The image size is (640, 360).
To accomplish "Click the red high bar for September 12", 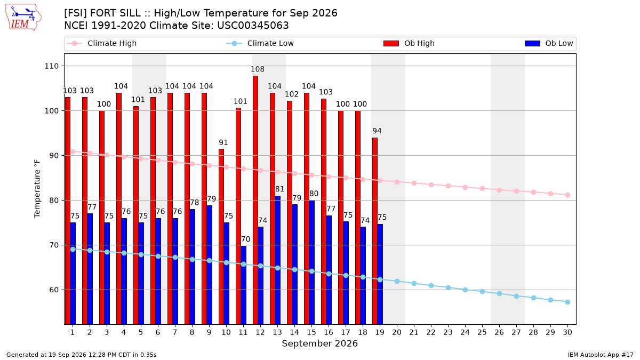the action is pyautogui.click(x=255, y=200).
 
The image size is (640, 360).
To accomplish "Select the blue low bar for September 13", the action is pyautogui.click(x=277, y=260).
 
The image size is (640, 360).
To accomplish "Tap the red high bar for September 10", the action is pyautogui.click(x=221, y=237).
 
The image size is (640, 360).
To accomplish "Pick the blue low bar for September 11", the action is pyautogui.click(x=243, y=285).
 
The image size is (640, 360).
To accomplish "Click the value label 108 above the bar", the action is pyautogui.click(x=258, y=69).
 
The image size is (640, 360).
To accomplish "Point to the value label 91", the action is pyautogui.click(x=223, y=142).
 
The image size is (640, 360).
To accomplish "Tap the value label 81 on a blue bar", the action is pyautogui.click(x=279, y=189).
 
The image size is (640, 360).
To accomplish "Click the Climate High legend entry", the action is pyautogui.click(x=101, y=43).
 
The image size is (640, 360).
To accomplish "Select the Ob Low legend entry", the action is pyautogui.click(x=549, y=43).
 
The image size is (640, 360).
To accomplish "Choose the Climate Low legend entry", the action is pyautogui.click(x=260, y=43).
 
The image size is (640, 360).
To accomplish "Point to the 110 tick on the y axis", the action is pyautogui.click(x=51, y=66).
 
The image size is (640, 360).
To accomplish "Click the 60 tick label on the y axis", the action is pyautogui.click(x=54, y=290).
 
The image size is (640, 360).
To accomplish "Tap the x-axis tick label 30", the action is pyautogui.click(x=567, y=332).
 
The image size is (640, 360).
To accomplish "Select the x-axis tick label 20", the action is pyautogui.click(x=397, y=332).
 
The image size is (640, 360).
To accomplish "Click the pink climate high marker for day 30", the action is pyautogui.click(x=567, y=195).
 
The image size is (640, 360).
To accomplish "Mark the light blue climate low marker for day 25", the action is pyautogui.click(x=482, y=291).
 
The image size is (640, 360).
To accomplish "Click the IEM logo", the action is pyautogui.click(x=23, y=18).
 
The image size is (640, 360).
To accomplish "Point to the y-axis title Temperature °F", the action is pyautogui.click(x=37, y=189).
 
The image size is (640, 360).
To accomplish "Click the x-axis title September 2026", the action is pyautogui.click(x=319, y=343).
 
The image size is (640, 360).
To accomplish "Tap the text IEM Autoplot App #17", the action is pyautogui.click(x=601, y=355).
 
